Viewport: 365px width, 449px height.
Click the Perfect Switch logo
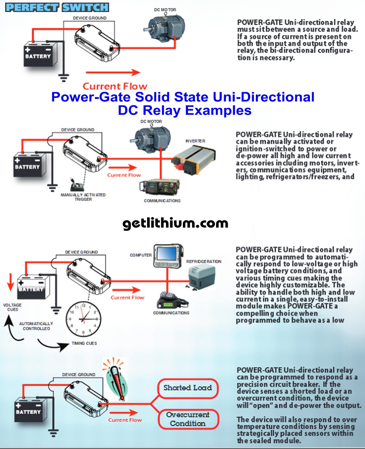pyautogui.click(x=57, y=7)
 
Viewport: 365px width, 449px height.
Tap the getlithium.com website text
pyautogui.click(x=175, y=223)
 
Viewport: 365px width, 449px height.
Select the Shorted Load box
pyautogui.click(x=188, y=388)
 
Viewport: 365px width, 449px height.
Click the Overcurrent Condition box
pyautogui.click(x=188, y=419)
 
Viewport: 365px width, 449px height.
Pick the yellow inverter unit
pyautogui.click(x=194, y=159)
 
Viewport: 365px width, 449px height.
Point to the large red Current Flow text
pyautogui.click(x=115, y=86)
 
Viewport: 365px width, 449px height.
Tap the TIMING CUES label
pyautogui.click(x=84, y=343)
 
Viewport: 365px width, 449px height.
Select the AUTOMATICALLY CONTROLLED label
pyautogui.click(x=36, y=326)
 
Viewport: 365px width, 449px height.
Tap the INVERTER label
pyautogui.click(x=195, y=141)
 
